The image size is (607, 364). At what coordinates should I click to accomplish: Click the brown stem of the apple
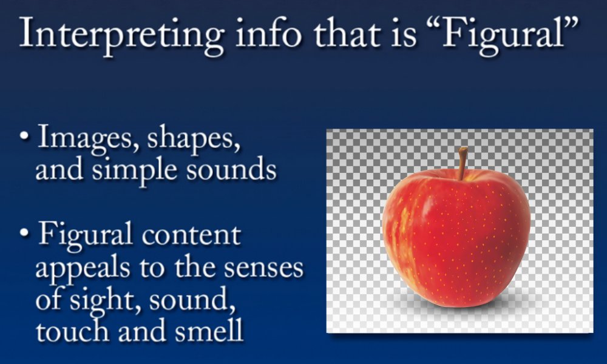pyautogui.click(x=462, y=163)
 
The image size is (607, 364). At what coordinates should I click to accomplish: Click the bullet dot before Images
pyautogui.click(x=24, y=136)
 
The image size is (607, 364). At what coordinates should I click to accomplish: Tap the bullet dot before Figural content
pyautogui.click(x=24, y=233)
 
